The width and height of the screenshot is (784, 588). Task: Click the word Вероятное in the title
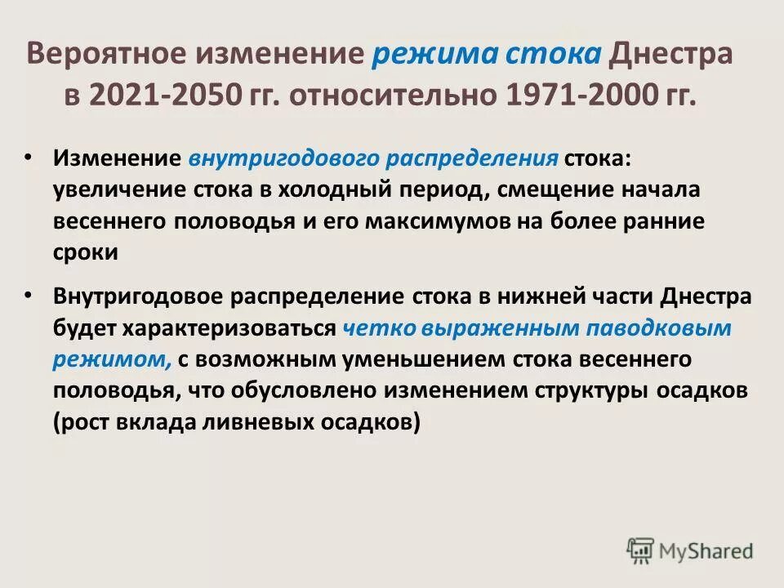click(109, 55)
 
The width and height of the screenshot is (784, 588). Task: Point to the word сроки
click(87, 252)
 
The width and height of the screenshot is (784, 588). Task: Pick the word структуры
click(591, 391)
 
